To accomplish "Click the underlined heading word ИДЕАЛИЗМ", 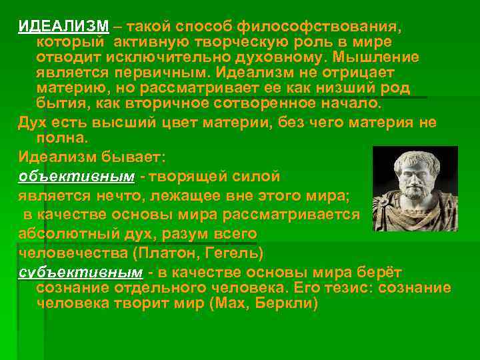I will [x=63, y=26].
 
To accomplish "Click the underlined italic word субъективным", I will [x=80, y=273].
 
